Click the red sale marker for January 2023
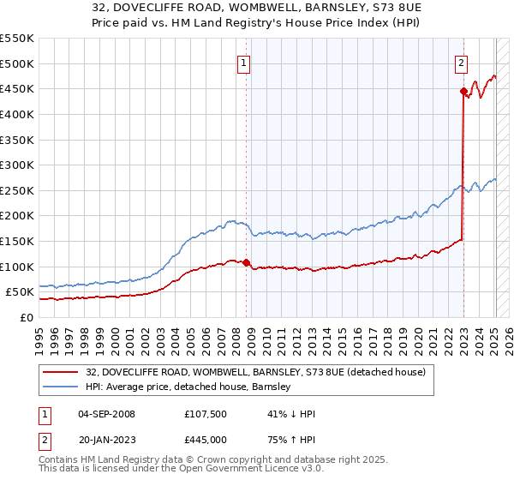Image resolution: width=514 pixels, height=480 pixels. coord(463,91)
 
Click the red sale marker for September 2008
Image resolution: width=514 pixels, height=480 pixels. coord(246,262)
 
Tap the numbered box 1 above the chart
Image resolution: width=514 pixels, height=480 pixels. coord(244,62)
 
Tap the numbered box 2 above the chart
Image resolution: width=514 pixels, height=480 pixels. coord(462,62)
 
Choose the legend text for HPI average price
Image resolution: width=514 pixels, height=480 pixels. coord(188,387)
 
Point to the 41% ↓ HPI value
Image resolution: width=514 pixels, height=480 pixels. coord(291,414)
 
